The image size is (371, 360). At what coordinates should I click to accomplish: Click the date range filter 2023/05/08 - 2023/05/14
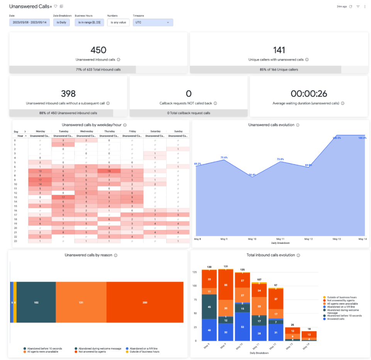click(x=29, y=22)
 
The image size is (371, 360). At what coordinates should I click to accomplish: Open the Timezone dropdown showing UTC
click(x=152, y=22)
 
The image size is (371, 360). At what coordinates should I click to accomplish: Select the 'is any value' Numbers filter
click(x=118, y=22)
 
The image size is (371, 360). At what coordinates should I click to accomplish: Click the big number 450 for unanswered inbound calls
click(x=98, y=50)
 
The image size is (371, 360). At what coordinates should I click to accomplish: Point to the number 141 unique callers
click(x=279, y=50)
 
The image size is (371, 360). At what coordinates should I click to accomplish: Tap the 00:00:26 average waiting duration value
click(x=308, y=93)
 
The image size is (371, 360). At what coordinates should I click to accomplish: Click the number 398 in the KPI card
click(x=68, y=93)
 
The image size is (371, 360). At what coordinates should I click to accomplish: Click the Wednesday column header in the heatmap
click(x=86, y=131)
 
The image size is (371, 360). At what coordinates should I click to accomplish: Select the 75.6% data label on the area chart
click(x=224, y=157)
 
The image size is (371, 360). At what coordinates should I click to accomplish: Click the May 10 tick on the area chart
click(x=252, y=239)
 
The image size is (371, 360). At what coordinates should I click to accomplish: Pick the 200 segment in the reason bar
click(x=145, y=303)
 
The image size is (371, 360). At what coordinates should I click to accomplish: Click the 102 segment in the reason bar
click(x=36, y=303)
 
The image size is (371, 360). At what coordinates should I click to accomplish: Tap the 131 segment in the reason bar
click(x=81, y=303)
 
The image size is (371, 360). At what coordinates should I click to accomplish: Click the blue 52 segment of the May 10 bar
click(x=242, y=327)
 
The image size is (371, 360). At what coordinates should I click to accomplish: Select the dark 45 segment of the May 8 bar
click(x=209, y=307)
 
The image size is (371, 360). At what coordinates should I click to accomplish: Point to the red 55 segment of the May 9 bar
click(x=225, y=285)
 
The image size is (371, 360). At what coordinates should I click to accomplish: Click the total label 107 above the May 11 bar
click(x=259, y=279)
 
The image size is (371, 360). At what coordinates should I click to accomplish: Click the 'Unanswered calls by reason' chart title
click(x=89, y=255)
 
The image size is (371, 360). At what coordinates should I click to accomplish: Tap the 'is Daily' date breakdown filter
click(x=61, y=22)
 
